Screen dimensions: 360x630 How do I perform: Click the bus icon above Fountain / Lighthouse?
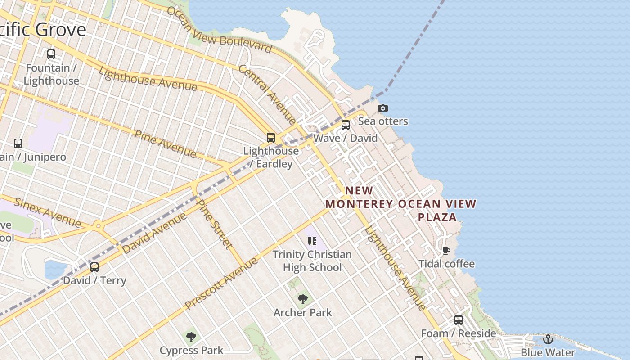[51, 54]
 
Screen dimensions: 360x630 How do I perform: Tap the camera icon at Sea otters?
[383, 108]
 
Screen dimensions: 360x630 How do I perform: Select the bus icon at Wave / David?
[346, 125]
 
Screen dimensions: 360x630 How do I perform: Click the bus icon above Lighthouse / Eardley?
[270, 137]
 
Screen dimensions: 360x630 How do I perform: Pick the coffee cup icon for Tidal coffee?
[446, 251]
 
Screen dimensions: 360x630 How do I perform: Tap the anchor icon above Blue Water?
[548, 339]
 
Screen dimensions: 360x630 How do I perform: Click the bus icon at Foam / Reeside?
[458, 320]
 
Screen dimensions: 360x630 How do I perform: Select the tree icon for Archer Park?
[303, 299]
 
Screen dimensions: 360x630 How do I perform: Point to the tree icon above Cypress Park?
[191, 337]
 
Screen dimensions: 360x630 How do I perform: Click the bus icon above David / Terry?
[94, 267]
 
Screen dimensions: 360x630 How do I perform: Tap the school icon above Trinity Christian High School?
[312, 241]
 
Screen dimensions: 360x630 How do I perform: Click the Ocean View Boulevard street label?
[219, 30]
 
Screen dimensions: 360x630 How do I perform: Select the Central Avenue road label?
[268, 94]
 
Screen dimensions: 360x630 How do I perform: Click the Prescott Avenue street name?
[222, 283]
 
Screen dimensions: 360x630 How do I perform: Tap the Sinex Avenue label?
[48, 212]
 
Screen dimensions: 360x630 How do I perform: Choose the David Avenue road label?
[154, 233]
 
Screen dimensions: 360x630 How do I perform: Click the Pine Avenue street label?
[166, 144]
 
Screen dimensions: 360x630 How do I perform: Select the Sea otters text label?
[383, 121]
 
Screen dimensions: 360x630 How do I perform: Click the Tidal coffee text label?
[446, 264]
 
